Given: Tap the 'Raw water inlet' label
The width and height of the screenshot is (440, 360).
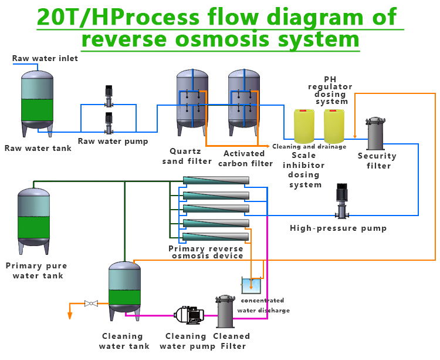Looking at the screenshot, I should tap(45, 59).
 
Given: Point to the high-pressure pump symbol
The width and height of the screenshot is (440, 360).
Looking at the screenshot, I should tap(341, 201).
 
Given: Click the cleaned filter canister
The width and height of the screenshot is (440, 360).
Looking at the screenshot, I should tap(225, 312).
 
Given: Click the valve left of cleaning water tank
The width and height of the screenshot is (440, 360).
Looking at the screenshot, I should tap(91, 304).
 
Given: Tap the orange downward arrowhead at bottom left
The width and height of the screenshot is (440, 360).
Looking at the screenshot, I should tap(70, 315).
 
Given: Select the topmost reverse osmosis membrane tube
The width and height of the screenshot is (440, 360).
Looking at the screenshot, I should tap(215, 181).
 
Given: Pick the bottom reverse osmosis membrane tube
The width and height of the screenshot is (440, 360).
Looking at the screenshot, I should tap(215, 237).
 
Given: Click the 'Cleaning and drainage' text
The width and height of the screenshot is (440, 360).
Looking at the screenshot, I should tap(309, 146).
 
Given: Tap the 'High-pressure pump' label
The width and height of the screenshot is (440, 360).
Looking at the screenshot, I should tap(339, 228).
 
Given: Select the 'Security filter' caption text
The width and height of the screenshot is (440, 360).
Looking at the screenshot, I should tap(377, 161).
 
